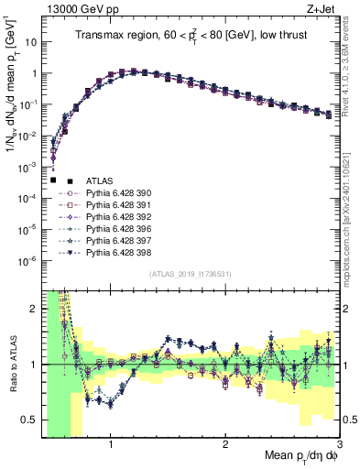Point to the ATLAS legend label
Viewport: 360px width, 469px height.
click(x=100, y=181)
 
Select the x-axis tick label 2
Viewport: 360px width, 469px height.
click(x=225, y=445)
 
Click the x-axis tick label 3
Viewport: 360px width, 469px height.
click(x=339, y=445)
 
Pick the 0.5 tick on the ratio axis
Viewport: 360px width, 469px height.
click(x=29, y=420)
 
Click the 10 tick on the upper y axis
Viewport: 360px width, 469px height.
click(x=29, y=42)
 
